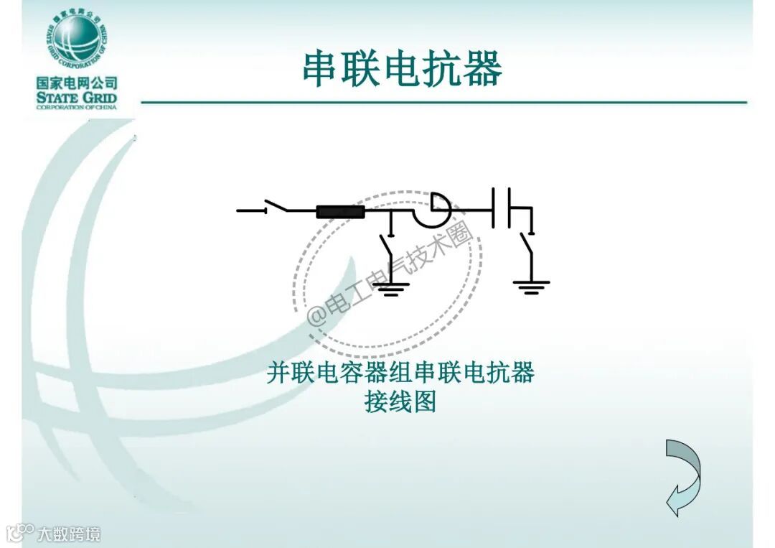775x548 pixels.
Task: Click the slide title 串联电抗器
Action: click(x=402, y=69)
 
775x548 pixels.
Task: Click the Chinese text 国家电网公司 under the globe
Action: click(x=77, y=84)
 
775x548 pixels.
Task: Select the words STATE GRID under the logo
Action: click(x=77, y=98)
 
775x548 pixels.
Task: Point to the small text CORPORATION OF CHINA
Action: click(x=77, y=108)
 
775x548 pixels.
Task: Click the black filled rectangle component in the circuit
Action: click(x=341, y=211)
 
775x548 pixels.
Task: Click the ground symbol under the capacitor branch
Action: click(x=531, y=287)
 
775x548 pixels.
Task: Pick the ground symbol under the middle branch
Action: click(x=390, y=289)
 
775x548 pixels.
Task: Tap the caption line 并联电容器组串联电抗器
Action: click(x=400, y=373)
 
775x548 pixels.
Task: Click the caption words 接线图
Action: click(x=400, y=402)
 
